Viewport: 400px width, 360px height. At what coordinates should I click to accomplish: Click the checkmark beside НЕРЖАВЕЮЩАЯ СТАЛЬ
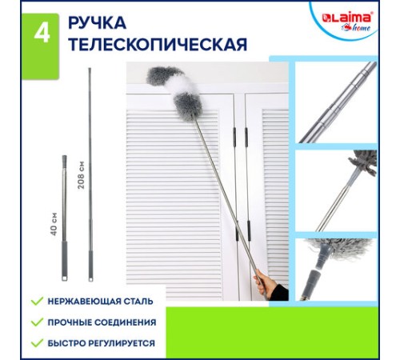pos(36,302)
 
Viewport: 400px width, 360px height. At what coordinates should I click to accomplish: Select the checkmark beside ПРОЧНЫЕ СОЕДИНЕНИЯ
pos(36,322)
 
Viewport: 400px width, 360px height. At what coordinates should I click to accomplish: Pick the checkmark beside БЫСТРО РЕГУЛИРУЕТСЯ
pos(36,343)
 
